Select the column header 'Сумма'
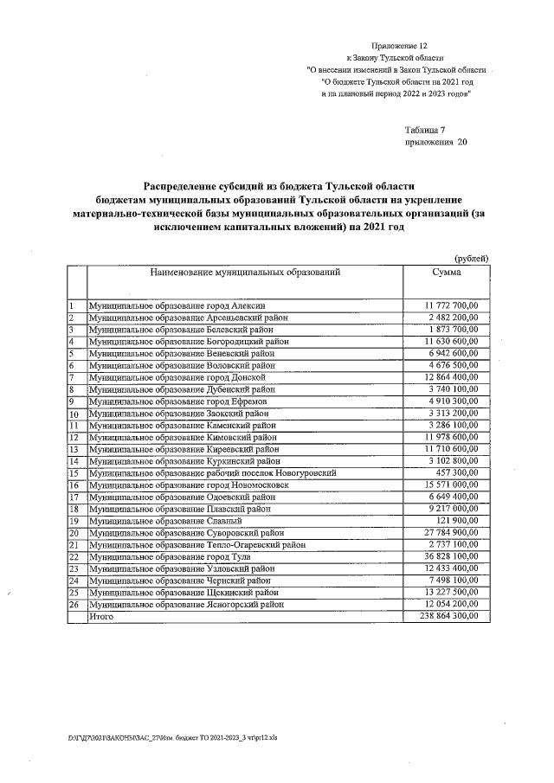(447, 273)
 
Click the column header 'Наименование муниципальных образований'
(245, 273)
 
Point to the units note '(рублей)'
(472, 258)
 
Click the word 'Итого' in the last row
(101, 617)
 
